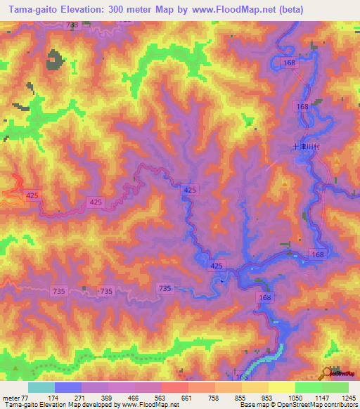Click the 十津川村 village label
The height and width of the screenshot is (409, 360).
[307, 148]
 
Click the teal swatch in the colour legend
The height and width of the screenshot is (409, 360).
[41, 387]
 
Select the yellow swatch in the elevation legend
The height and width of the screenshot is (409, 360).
[281, 387]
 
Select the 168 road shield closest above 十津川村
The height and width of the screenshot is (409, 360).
[302, 106]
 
